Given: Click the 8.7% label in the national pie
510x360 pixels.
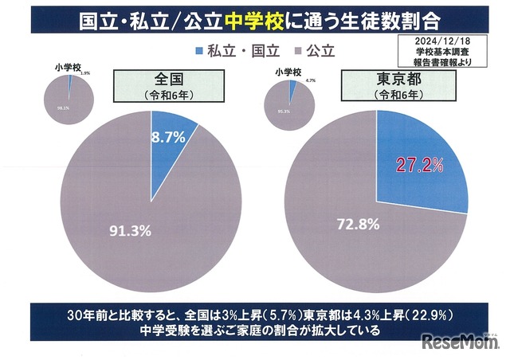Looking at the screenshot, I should (168, 137).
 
